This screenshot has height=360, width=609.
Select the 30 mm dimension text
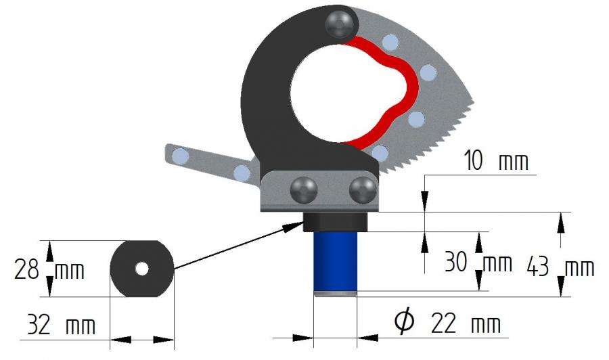[x=477, y=262]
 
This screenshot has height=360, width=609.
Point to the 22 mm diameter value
[x=466, y=323]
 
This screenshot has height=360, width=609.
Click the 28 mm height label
[x=49, y=271]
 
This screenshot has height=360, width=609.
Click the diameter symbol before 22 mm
[x=404, y=323]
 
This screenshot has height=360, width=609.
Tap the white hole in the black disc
[x=141, y=269]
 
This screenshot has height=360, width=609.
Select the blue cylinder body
[x=334, y=261]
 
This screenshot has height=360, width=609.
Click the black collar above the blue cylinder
[x=334, y=221]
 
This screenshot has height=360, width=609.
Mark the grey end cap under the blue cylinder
[x=334, y=292]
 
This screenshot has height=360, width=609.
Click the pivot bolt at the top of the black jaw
[x=340, y=24]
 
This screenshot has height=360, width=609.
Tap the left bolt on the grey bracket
[x=303, y=189]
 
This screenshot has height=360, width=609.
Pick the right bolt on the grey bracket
[x=363, y=189]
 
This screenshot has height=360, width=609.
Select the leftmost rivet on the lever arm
[x=180, y=157]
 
